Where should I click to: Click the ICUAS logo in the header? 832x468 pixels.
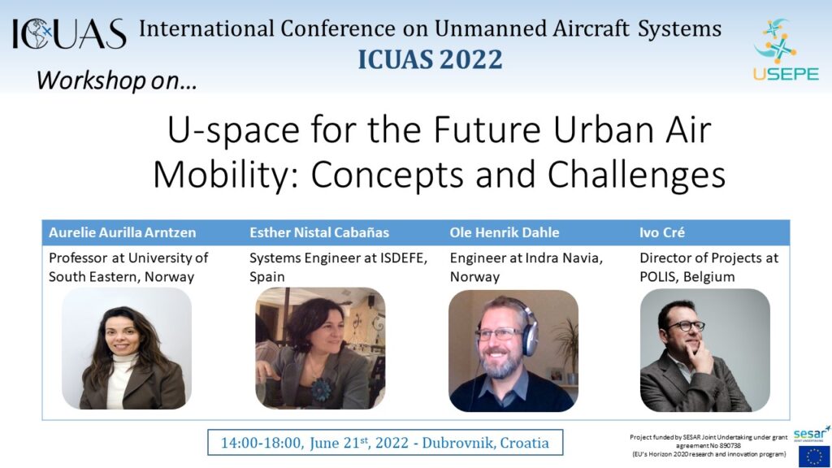point(69,34)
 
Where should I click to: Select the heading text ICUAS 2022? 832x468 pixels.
point(430,59)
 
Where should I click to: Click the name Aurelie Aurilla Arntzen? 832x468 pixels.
point(123,232)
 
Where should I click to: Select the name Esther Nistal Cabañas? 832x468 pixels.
point(319,232)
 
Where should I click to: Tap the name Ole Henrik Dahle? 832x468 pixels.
point(504,232)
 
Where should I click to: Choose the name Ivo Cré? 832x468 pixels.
point(661,232)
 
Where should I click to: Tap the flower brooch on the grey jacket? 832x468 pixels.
point(321,389)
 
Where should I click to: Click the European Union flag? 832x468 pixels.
point(814,456)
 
